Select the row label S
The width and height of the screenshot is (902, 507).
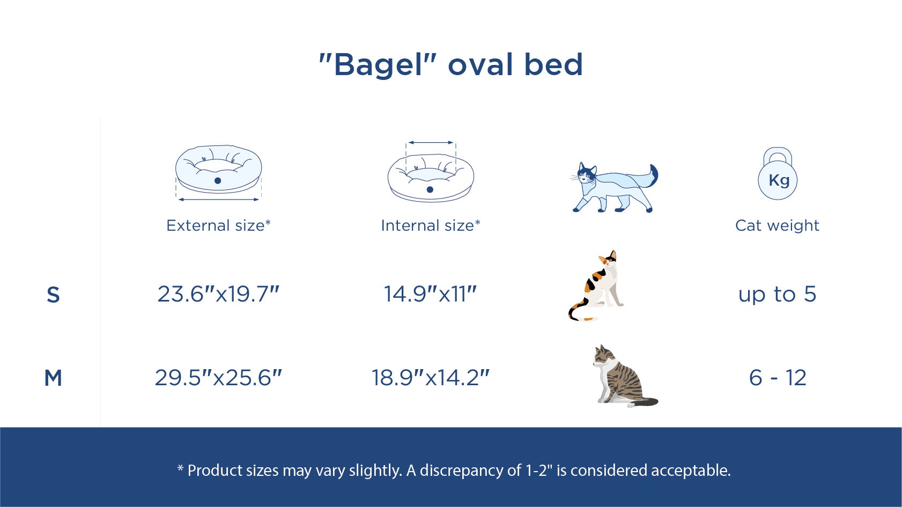click(x=53, y=295)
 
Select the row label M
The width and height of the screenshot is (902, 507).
click(x=53, y=378)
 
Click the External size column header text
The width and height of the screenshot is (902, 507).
click(x=218, y=225)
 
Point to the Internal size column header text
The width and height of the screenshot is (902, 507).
click(x=431, y=225)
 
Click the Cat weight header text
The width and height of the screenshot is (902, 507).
click(x=777, y=225)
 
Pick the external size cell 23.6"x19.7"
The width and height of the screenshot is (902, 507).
click(x=218, y=294)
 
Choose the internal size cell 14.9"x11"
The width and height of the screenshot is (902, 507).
click(x=431, y=294)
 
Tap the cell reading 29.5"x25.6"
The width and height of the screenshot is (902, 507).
click(x=218, y=378)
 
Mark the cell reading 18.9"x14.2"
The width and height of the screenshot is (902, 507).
click(x=431, y=378)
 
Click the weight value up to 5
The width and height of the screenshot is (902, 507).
click(x=777, y=295)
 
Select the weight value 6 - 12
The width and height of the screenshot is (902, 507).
click(x=778, y=378)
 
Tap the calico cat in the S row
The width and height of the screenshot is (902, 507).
click(x=596, y=285)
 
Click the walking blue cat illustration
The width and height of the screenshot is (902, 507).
click(x=615, y=187)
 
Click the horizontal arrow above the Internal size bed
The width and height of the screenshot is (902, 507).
click(x=431, y=143)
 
